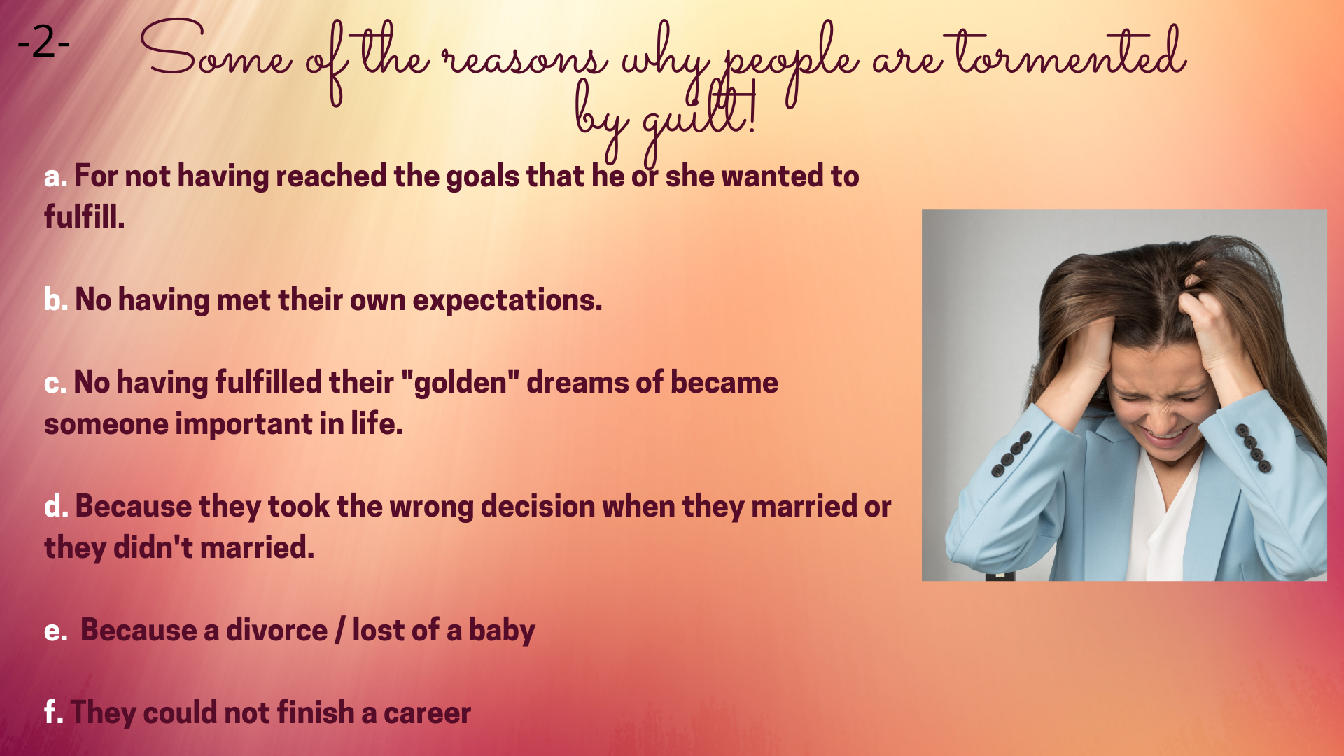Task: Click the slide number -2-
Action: (43, 43)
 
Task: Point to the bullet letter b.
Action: (56, 300)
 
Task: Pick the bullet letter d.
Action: (56, 506)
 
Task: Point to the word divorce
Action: (276, 630)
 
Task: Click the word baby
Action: (502, 631)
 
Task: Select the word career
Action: (427, 713)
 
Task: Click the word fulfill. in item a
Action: (85, 216)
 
